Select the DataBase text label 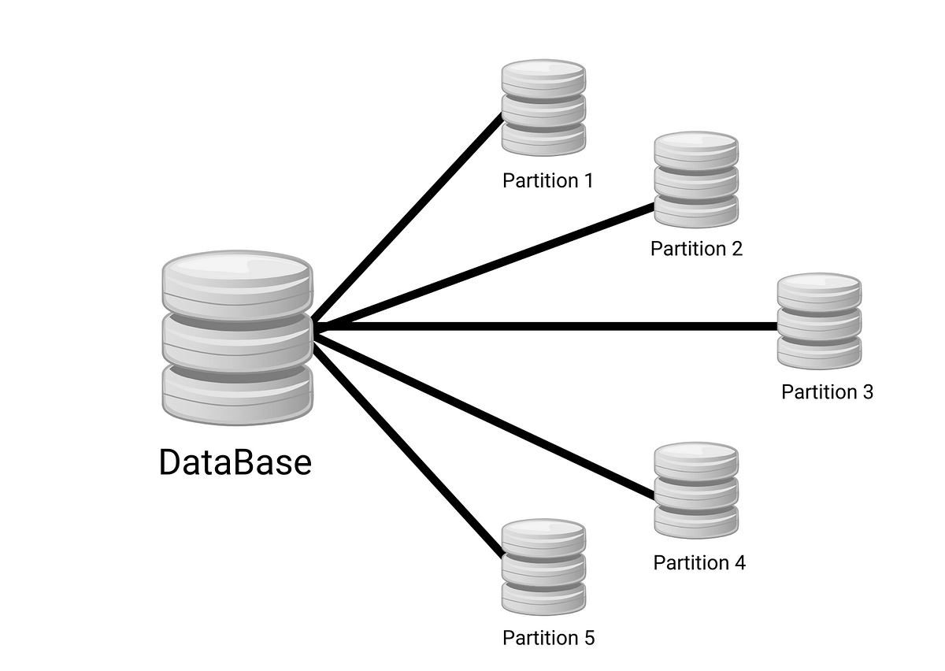click(x=235, y=462)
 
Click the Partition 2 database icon click(x=696, y=180)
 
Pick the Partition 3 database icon click(x=819, y=321)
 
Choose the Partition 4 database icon click(x=696, y=490)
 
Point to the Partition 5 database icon click(x=544, y=567)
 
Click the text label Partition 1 click(x=547, y=180)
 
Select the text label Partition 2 click(x=696, y=249)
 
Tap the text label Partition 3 click(x=827, y=391)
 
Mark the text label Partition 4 click(x=699, y=562)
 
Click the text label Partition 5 click(x=548, y=637)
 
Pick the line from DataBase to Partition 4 click(x=484, y=414)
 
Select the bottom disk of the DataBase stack click(x=237, y=394)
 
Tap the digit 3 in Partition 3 click(x=867, y=391)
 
